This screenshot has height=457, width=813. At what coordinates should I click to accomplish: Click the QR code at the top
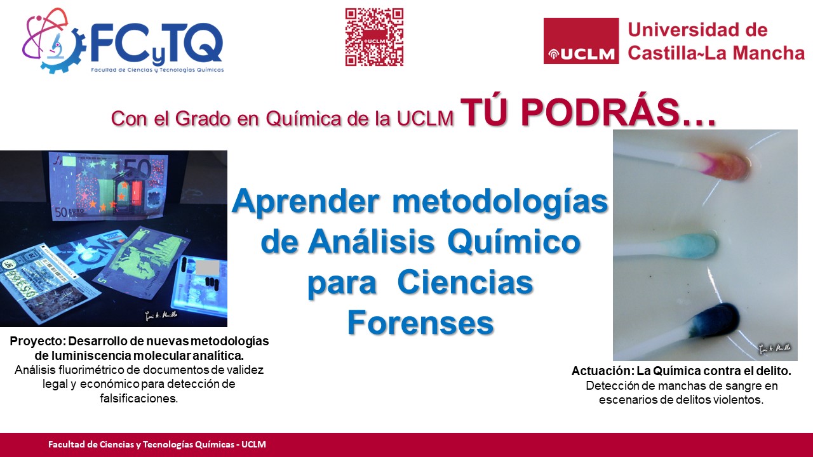tap(374, 37)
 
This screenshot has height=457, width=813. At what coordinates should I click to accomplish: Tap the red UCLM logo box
tap(581, 41)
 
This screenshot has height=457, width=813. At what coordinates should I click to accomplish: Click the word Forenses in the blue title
tap(420, 323)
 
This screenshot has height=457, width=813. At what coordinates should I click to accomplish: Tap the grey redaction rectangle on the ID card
tap(207, 268)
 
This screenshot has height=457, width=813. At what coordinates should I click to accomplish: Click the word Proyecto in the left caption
tap(37, 341)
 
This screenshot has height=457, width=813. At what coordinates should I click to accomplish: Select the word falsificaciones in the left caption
tap(138, 398)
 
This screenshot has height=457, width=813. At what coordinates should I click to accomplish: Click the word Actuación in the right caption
tap(602, 371)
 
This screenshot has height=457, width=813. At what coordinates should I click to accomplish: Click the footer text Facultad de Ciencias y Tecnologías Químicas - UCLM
tap(157, 444)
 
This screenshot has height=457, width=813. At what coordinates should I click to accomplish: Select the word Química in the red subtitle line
tap(304, 118)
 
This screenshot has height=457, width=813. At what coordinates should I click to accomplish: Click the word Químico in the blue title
tap(514, 242)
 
